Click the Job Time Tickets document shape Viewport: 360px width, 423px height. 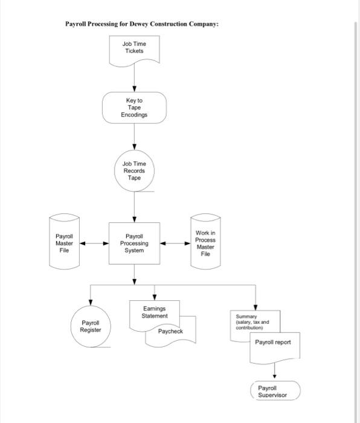click(x=134, y=48)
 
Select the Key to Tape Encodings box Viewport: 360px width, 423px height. click(x=134, y=107)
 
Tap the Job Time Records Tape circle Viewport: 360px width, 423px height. click(x=134, y=170)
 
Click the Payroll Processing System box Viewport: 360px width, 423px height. click(x=134, y=244)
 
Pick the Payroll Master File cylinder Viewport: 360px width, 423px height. click(x=64, y=243)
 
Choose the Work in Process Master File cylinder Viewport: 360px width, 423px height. click(x=205, y=244)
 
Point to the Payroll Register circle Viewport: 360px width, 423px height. click(x=91, y=326)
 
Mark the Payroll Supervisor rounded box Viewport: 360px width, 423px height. click(x=275, y=391)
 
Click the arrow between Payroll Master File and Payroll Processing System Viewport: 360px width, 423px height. click(x=94, y=244)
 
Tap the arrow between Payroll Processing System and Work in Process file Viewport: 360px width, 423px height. click(x=175, y=244)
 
